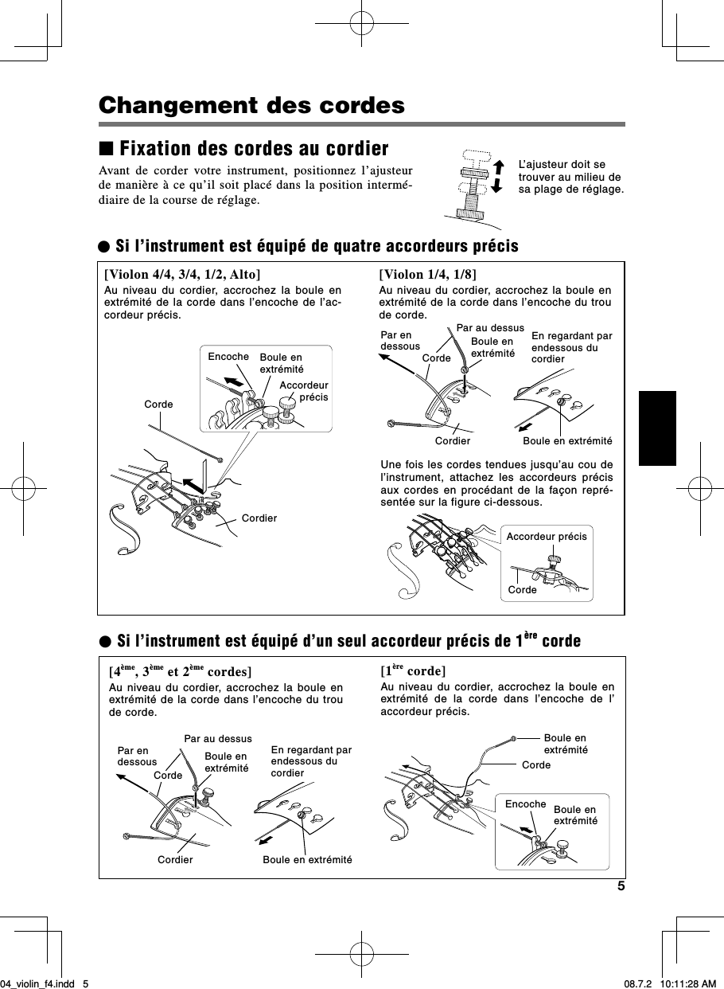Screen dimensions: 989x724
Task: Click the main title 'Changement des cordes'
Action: [251, 106]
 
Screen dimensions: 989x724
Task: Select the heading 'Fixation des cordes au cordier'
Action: [253, 150]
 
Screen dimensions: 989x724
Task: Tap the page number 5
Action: [621, 886]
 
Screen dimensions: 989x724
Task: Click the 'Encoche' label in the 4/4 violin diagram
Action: [228, 357]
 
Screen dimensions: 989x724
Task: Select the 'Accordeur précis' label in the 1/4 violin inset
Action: [547, 537]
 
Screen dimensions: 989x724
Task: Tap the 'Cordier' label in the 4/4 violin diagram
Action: [259, 518]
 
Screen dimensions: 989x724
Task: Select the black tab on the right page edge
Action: [656, 428]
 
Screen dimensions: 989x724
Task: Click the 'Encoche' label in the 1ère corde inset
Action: [525, 805]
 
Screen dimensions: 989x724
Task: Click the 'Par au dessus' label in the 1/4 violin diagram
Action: [490, 327]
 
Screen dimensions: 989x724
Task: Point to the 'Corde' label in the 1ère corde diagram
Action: [536, 765]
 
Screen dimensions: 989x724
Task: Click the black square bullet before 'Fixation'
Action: [106, 150]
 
